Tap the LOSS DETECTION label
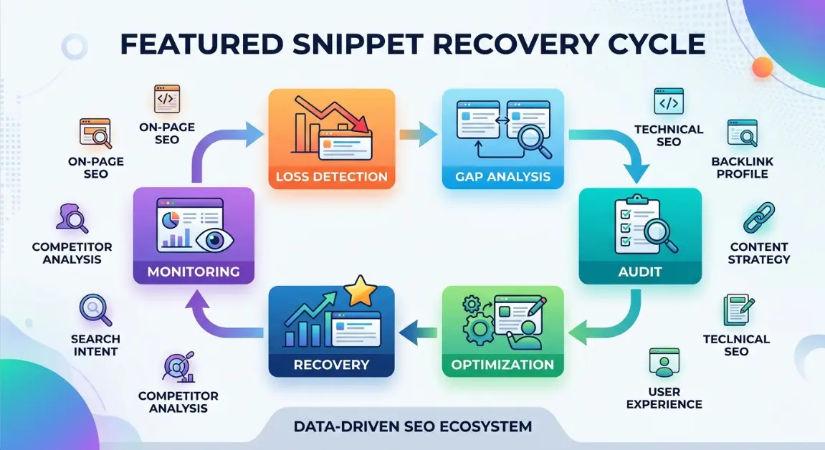coord(331,176)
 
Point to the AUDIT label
coord(639,273)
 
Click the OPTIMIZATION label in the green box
coord(502,364)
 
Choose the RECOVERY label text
coord(331,364)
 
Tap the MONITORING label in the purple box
coord(194,272)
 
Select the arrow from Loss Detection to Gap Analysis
coord(419,133)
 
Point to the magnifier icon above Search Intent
coord(95,310)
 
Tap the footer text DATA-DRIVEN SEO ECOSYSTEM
coord(413,427)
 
